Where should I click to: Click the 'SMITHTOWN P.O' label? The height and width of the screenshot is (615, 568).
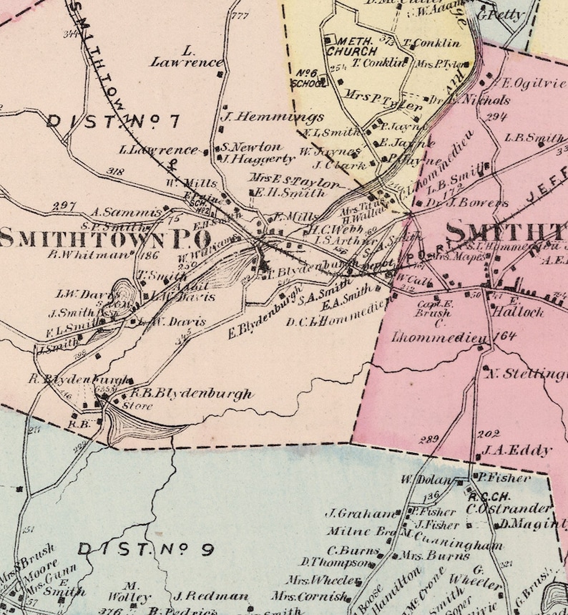pyautogui.click(x=106, y=238)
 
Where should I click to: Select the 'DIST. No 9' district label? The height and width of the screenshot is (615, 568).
pyautogui.click(x=146, y=549)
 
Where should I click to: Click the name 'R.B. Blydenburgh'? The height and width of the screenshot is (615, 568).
pyautogui.click(x=191, y=394)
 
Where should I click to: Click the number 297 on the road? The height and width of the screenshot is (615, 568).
pyautogui.click(x=64, y=205)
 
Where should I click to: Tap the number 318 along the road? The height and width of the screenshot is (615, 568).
pyautogui.click(x=113, y=171)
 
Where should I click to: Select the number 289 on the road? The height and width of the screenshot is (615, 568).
pyautogui.click(x=429, y=439)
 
